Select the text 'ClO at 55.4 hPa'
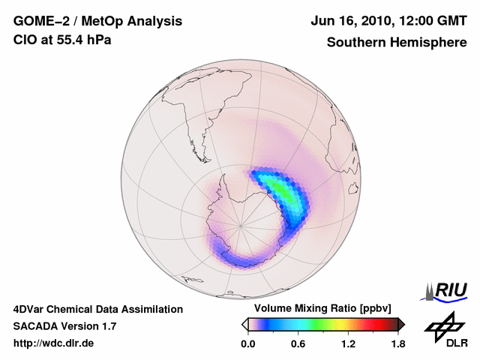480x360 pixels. pos(62,40)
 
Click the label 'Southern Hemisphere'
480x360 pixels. pos(396,42)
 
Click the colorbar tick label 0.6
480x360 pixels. pos(298,344)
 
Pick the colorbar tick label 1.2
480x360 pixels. pos(348,344)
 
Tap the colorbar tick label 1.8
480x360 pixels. pos(397,344)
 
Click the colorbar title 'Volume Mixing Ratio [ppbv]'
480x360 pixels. pos(322,309)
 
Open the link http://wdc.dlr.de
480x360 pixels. pos(54,343)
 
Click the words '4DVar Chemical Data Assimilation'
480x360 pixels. pos(98,309)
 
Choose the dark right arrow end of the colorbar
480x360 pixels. pos(401,324)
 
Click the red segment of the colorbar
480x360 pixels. pos(371,324)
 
